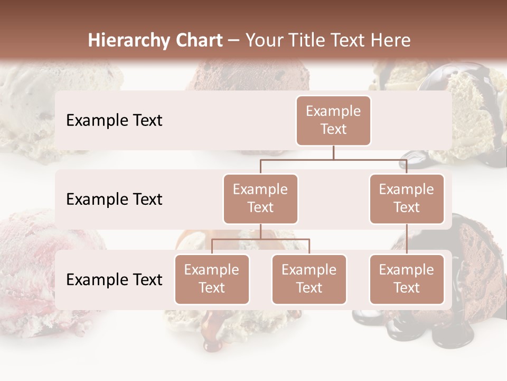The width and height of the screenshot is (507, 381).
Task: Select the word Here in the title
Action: [391, 40]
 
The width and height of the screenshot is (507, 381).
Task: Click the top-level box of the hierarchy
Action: [333, 120]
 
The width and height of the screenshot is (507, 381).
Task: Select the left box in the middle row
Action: [260, 198]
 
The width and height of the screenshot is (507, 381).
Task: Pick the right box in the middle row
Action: [407, 198]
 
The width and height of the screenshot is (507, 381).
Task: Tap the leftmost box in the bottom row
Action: [212, 279]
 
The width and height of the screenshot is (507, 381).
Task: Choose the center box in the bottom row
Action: [309, 279]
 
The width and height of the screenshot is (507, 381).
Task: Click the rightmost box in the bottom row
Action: [407, 279]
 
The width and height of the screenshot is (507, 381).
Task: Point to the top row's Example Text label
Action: [114, 120]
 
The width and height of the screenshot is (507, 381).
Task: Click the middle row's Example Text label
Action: [114, 199]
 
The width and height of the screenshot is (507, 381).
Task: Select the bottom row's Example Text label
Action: [114, 279]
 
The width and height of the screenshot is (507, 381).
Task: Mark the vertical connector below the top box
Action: [333, 152]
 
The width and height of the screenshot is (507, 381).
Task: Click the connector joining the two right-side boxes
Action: [407, 239]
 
